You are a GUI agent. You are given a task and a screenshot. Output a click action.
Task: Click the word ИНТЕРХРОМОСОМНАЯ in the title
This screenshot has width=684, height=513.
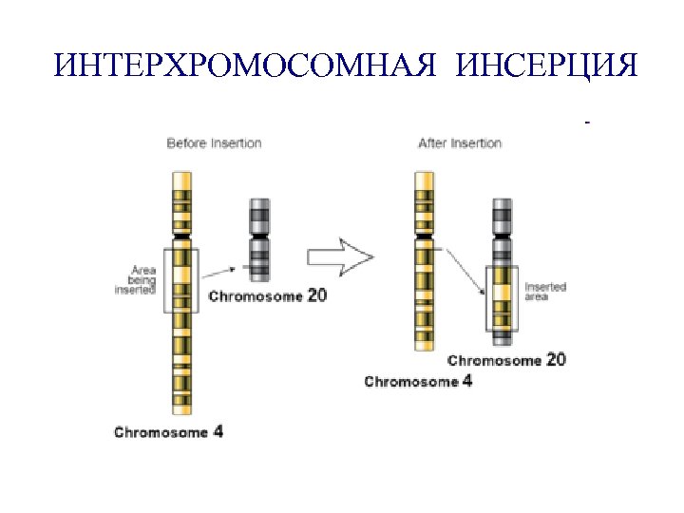247,66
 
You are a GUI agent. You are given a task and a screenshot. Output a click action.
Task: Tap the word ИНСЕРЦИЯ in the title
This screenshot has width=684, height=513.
547,66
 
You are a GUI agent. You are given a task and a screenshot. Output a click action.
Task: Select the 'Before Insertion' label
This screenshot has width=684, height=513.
214,143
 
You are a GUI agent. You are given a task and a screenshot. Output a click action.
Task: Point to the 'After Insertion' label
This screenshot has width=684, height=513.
460,143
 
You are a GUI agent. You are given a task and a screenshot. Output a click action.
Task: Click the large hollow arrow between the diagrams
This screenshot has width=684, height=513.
341,256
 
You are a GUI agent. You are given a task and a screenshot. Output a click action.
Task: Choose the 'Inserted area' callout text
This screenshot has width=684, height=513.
544,292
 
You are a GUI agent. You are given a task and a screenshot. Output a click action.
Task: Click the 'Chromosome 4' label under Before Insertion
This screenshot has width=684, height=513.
168,432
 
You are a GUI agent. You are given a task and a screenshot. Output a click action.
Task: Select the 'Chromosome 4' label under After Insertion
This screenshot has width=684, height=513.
418,382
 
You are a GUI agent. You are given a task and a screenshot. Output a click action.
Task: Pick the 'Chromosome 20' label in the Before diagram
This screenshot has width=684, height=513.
267,296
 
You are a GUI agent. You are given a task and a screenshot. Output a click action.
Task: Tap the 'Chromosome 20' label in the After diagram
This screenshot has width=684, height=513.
506,361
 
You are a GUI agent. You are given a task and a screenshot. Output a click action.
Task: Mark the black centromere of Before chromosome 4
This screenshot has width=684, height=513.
180,235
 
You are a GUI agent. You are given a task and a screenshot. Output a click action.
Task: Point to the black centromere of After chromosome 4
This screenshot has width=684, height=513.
425,234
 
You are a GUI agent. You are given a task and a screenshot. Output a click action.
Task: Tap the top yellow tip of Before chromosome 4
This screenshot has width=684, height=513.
180,180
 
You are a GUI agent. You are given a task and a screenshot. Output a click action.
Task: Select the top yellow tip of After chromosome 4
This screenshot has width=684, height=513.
425,180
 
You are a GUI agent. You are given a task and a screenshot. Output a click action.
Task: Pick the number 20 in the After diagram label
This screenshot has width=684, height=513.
556,360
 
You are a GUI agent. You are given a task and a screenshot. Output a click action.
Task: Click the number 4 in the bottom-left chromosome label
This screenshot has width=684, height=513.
218,431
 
